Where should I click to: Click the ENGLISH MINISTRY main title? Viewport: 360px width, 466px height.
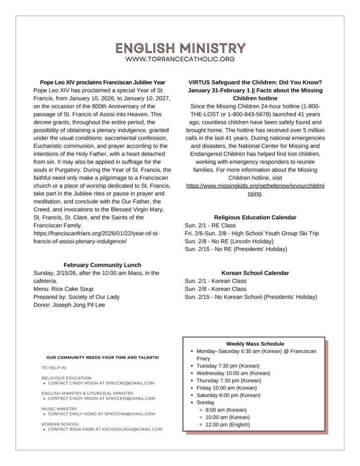[180, 48]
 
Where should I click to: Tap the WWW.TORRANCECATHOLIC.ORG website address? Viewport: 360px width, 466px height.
[180, 59]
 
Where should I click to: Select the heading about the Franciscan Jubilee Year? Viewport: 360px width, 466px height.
[102, 82]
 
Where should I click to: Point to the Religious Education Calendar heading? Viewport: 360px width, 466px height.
[255, 218]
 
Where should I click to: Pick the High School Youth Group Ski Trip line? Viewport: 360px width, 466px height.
[252, 233]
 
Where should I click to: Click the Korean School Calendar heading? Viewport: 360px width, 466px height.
[255, 273]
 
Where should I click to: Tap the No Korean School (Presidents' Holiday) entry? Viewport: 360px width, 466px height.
[251, 297]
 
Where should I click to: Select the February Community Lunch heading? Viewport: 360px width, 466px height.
[102, 265]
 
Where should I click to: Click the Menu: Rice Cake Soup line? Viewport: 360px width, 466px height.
[63, 289]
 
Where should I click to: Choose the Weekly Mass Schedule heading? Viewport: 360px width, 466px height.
[255, 344]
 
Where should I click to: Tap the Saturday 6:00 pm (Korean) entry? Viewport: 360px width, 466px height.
[228, 395]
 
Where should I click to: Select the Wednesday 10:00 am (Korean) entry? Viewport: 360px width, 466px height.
[233, 373]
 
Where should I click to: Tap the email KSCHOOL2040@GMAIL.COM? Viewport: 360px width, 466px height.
[137, 429]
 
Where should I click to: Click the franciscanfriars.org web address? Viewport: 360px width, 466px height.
[96, 238]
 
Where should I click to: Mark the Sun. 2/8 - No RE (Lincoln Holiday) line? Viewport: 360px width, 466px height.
[229, 241]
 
